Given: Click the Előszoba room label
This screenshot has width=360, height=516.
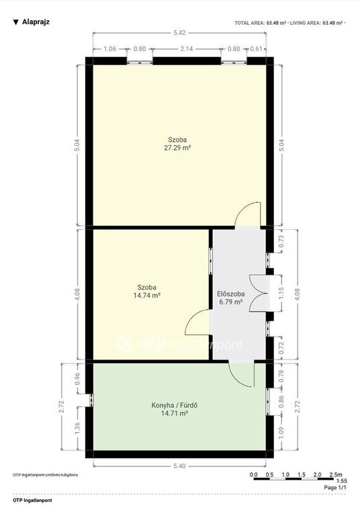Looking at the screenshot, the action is click(x=230, y=294).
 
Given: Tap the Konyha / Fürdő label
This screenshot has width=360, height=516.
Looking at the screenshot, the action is click(x=175, y=405).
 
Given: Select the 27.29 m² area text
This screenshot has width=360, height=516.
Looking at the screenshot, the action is click(x=177, y=148).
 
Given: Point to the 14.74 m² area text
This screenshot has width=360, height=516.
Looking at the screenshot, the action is click(x=147, y=295).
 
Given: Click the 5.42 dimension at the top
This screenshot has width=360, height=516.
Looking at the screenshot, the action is click(x=180, y=32).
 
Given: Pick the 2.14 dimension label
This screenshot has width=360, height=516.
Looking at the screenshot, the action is click(x=187, y=48).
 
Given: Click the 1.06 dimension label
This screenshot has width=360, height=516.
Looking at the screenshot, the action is click(x=110, y=48).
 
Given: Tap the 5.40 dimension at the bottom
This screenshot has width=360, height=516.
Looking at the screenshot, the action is click(x=179, y=466).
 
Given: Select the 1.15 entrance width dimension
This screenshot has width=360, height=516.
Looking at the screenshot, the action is click(x=281, y=293).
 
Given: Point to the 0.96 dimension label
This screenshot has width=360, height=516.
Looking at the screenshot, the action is click(x=78, y=379).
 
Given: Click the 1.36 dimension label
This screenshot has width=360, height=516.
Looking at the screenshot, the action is click(x=78, y=428).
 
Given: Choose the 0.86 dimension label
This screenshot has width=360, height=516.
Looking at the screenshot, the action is click(x=281, y=402).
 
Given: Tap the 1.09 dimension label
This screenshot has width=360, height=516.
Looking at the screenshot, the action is click(x=281, y=433).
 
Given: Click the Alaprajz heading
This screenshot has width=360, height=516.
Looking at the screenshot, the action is click(x=36, y=22).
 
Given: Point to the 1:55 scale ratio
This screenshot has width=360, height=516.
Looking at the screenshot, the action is click(x=341, y=481).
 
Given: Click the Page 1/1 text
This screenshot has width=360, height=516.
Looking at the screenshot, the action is click(x=335, y=487).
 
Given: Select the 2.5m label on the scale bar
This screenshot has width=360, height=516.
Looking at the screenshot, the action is click(x=336, y=474).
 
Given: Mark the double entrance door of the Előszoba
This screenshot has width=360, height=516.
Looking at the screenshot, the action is click(x=260, y=293).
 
